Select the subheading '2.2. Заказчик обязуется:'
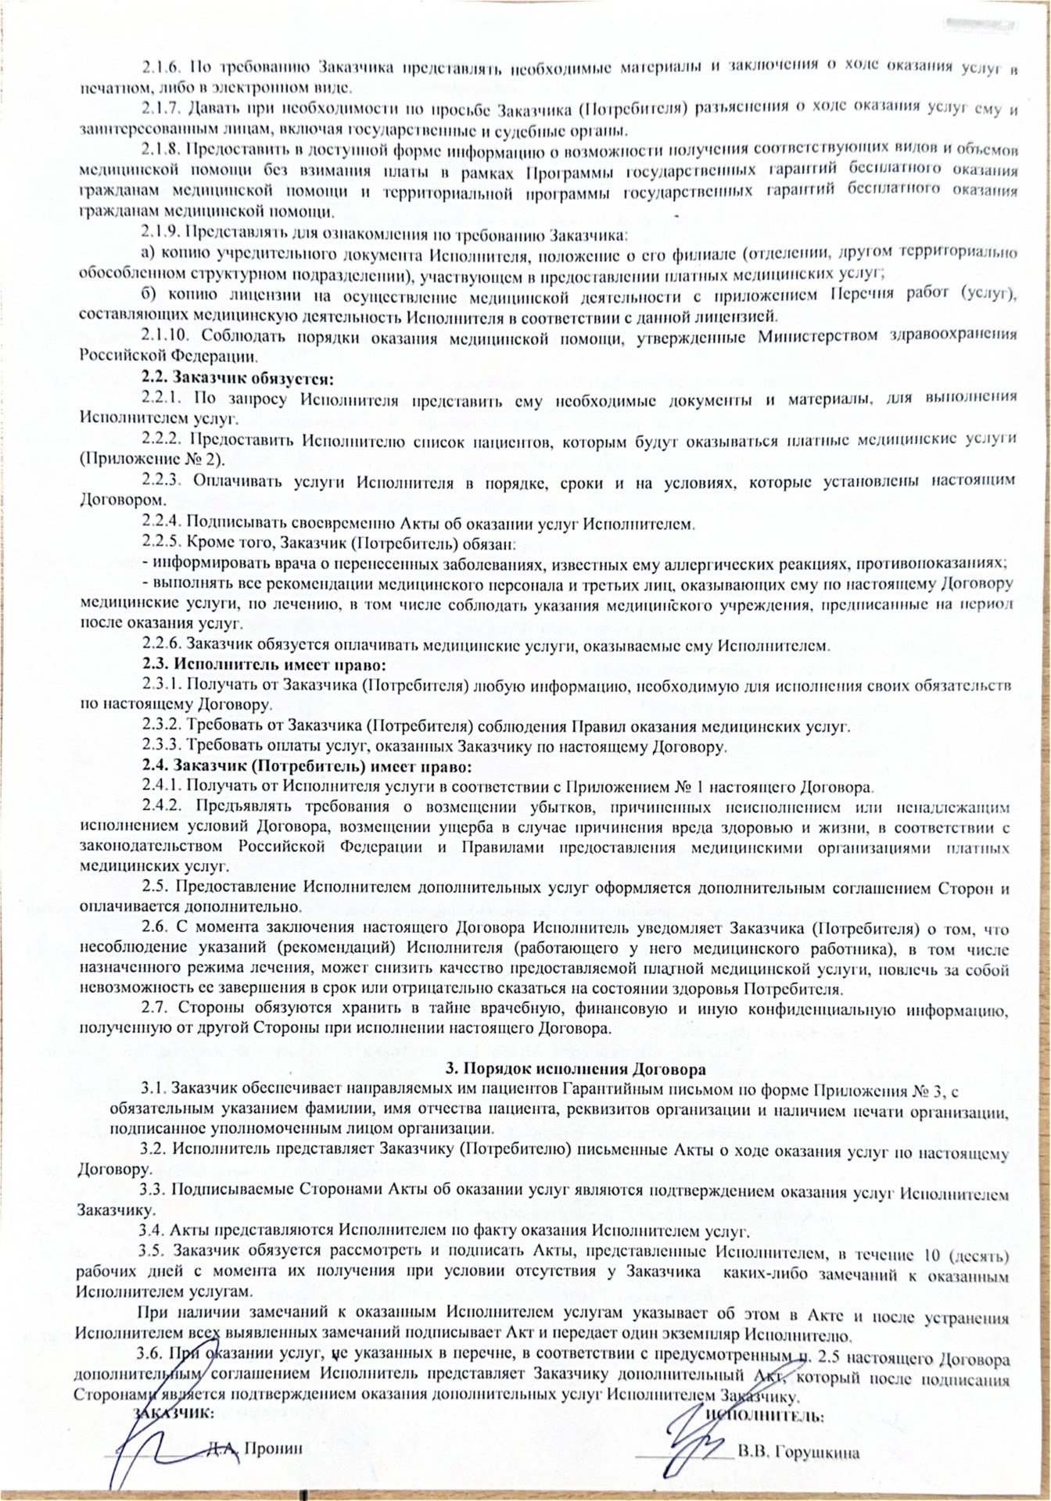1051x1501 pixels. [238, 378]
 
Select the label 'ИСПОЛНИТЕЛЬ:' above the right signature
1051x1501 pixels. [764, 1416]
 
